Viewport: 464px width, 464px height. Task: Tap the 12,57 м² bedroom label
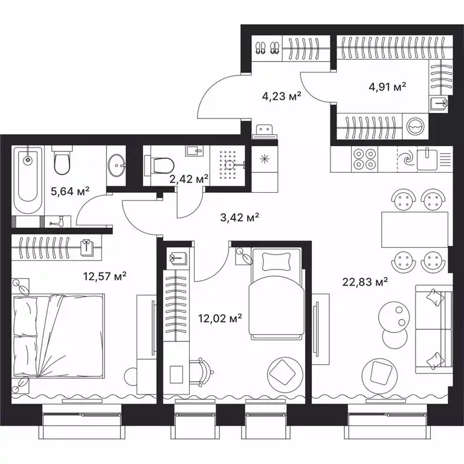coord(104,276)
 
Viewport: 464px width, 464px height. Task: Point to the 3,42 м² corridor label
coord(237,217)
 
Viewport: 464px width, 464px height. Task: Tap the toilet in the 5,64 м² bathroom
coord(62,162)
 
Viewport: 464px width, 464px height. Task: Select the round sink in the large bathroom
coord(117,162)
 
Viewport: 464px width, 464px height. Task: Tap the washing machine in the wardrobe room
coord(416,127)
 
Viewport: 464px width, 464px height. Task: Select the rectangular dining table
coord(414,230)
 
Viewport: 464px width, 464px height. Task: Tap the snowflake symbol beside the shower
coord(263,159)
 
